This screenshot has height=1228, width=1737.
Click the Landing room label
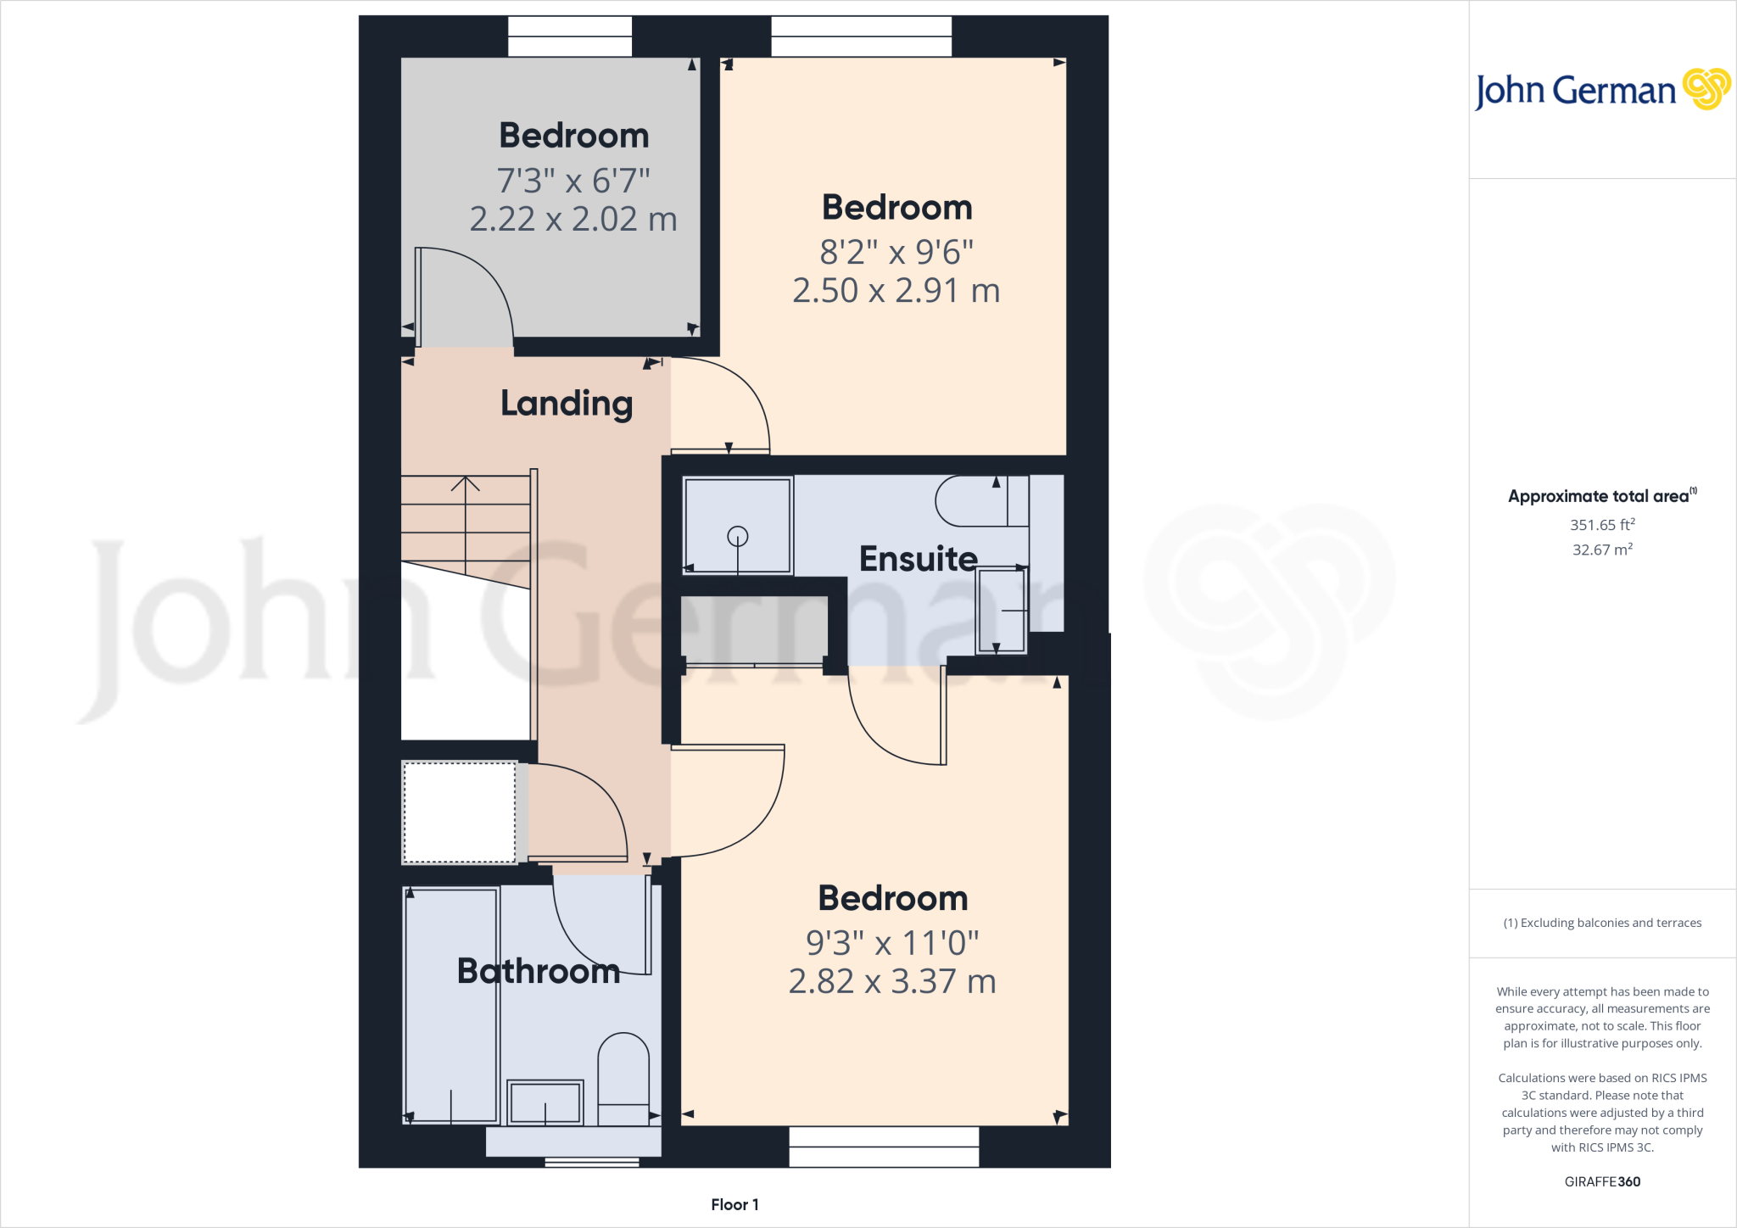click(567, 404)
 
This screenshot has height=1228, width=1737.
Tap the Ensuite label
click(919, 559)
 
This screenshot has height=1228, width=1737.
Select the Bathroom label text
click(539, 971)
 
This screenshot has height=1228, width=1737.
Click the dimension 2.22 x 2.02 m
click(573, 219)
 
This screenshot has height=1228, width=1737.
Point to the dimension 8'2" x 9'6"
click(896, 252)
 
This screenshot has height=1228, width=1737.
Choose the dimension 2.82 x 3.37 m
click(892, 981)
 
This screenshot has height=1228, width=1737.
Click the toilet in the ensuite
click(982, 500)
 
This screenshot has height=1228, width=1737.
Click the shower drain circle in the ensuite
click(738, 536)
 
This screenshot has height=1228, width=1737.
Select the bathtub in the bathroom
click(451, 1006)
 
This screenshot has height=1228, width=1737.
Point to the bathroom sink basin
click(545, 1102)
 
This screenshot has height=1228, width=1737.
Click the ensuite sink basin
click(1002, 611)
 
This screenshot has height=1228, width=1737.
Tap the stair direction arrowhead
click(465, 484)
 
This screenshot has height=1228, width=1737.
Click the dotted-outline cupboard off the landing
click(460, 812)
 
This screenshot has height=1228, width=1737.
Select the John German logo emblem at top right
click(1706, 89)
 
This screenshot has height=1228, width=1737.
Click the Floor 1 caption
click(734, 1204)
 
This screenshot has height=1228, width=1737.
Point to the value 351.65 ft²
click(1602, 525)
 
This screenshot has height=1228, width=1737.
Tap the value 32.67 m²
click(1602, 550)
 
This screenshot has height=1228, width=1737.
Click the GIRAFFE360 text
click(1602, 1181)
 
